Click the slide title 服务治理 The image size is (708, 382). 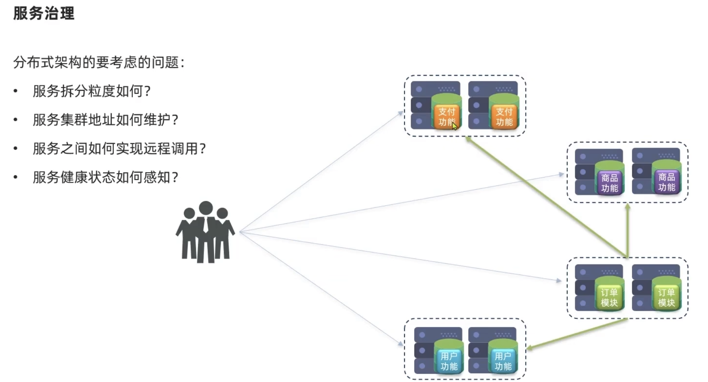[44, 13]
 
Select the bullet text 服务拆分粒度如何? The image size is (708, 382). [91, 91]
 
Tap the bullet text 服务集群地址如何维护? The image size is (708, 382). [105, 120]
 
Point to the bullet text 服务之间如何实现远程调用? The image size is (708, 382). [119, 148]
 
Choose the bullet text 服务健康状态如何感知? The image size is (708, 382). [105, 177]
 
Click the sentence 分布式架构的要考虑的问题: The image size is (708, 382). [99, 62]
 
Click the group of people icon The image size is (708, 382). [205, 232]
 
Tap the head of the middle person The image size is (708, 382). [206, 208]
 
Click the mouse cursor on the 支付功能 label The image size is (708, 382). [454, 126]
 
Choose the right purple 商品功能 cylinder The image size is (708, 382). [667, 179]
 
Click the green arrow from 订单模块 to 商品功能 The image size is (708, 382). [628, 231]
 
